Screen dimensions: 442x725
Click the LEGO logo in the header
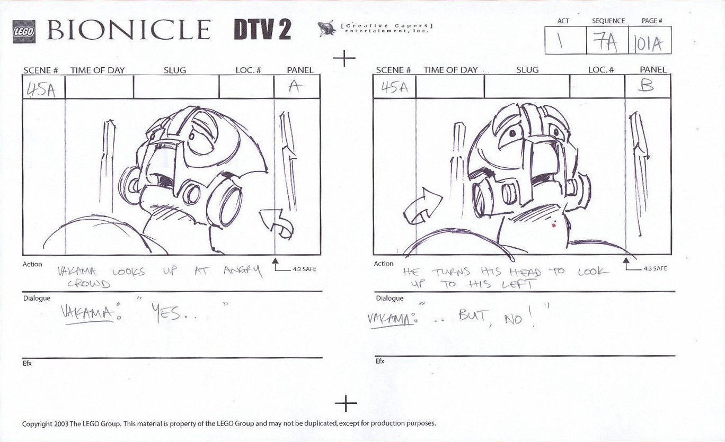coord(23,31)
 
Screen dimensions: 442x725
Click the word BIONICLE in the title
coord(129,30)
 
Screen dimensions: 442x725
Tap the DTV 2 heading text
coord(262,31)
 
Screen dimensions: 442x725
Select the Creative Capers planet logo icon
coord(326,29)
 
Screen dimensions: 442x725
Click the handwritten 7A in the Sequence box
coord(606,42)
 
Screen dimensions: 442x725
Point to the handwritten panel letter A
coord(295,87)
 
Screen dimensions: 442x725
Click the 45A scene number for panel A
coord(41,89)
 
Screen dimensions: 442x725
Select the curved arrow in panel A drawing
coord(276,222)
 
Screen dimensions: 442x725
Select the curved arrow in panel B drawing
coord(423,208)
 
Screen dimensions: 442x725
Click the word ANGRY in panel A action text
coord(242,272)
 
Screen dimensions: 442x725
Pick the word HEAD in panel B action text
coord(525,272)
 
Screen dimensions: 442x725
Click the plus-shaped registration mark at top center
coord(344,58)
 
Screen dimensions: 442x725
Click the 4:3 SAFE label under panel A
coord(304,269)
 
